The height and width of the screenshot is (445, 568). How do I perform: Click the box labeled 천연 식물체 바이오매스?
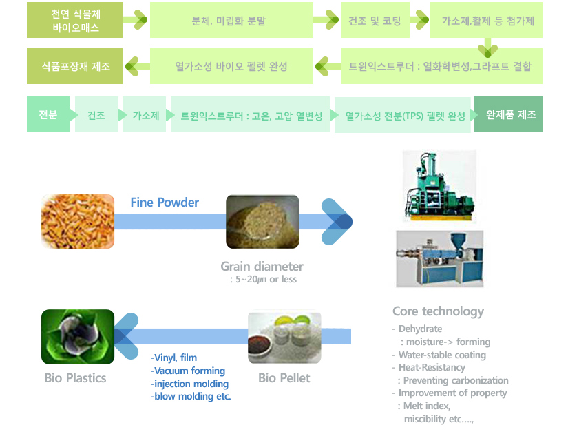(x=75, y=21)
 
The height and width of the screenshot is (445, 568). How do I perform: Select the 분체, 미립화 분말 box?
(x=231, y=21)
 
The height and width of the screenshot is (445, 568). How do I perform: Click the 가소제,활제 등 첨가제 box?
(x=487, y=21)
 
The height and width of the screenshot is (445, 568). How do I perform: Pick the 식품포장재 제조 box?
(x=75, y=66)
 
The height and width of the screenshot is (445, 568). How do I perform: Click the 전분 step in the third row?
(x=48, y=115)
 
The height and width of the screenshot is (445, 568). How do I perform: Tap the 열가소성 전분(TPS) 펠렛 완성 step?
(x=405, y=116)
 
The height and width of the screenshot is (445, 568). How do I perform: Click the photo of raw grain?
(x=77, y=221)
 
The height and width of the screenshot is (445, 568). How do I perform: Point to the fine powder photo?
(x=262, y=221)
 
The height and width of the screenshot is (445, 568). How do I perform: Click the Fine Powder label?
(x=165, y=203)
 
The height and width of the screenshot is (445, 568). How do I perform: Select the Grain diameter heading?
(x=262, y=267)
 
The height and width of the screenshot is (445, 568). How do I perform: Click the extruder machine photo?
(x=440, y=258)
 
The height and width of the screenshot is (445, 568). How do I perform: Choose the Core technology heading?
(x=438, y=311)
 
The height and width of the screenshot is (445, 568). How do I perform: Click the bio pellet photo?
(x=284, y=338)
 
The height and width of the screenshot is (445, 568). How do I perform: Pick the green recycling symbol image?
(x=77, y=336)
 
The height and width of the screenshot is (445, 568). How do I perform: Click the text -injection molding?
(x=190, y=384)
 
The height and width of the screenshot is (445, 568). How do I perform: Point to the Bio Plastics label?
(x=75, y=378)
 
